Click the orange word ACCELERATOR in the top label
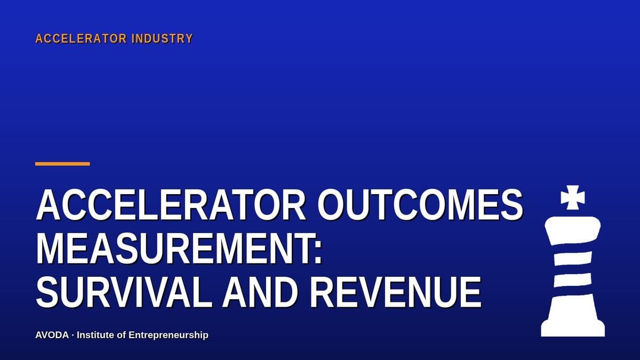tap(81, 38)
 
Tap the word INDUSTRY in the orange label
tap(162, 38)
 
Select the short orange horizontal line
tap(62, 164)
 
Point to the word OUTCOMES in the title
tap(421, 205)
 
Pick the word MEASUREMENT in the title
tap(174, 249)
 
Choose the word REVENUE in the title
tap(396, 292)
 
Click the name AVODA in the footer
tap(52, 335)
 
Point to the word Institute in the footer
tap(95, 335)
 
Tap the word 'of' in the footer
tap(122, 335)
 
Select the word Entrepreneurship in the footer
tap(169, 335)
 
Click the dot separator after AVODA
tap(73, 335)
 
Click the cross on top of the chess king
tap(573, 197)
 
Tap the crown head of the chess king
tap(573, 230)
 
